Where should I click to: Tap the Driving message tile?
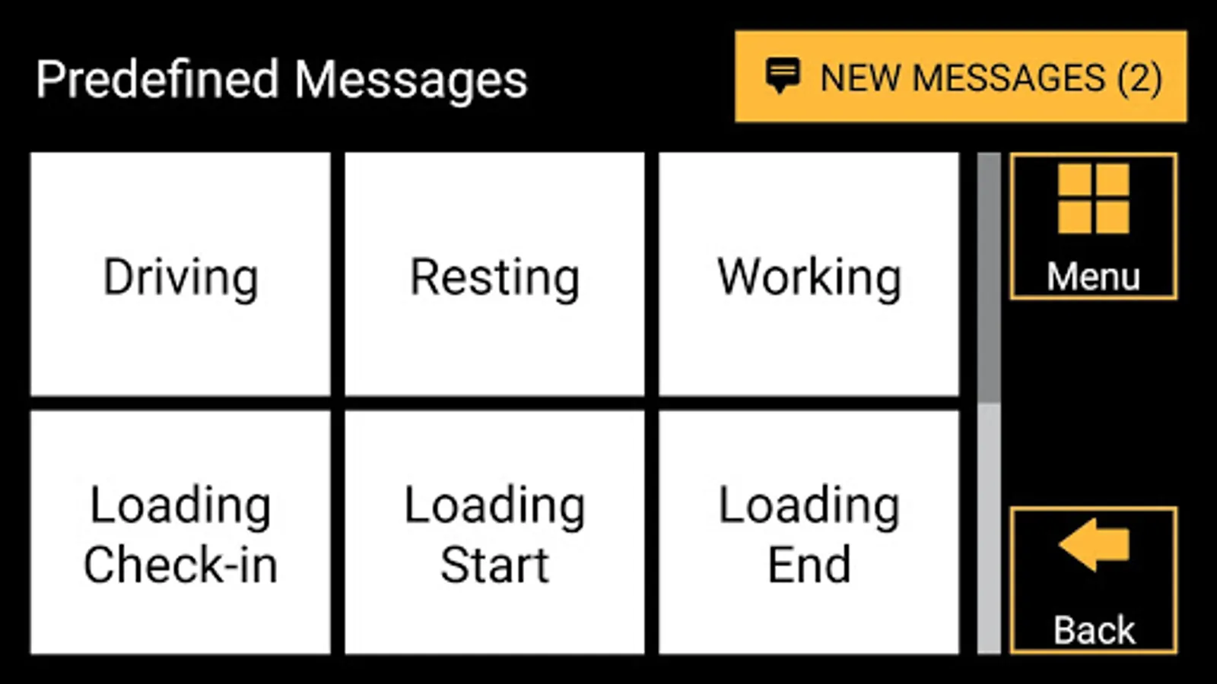[180, 274]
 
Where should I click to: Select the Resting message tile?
[494, 274]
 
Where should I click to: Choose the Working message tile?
[809, 274]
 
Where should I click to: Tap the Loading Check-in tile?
[180, 532]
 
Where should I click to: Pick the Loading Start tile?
[494, 532]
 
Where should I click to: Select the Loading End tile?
[809, 532]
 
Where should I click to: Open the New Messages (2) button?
[961, 77]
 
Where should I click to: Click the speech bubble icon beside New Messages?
[782, 75]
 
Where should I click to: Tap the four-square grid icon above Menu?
[1093, 198]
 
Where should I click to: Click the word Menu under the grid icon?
[1093, 277]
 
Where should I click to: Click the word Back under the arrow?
[1094, 630]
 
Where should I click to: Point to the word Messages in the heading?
[411, 80]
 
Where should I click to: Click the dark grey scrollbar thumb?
[989, 277]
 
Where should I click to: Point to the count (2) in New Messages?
[1139, 78]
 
